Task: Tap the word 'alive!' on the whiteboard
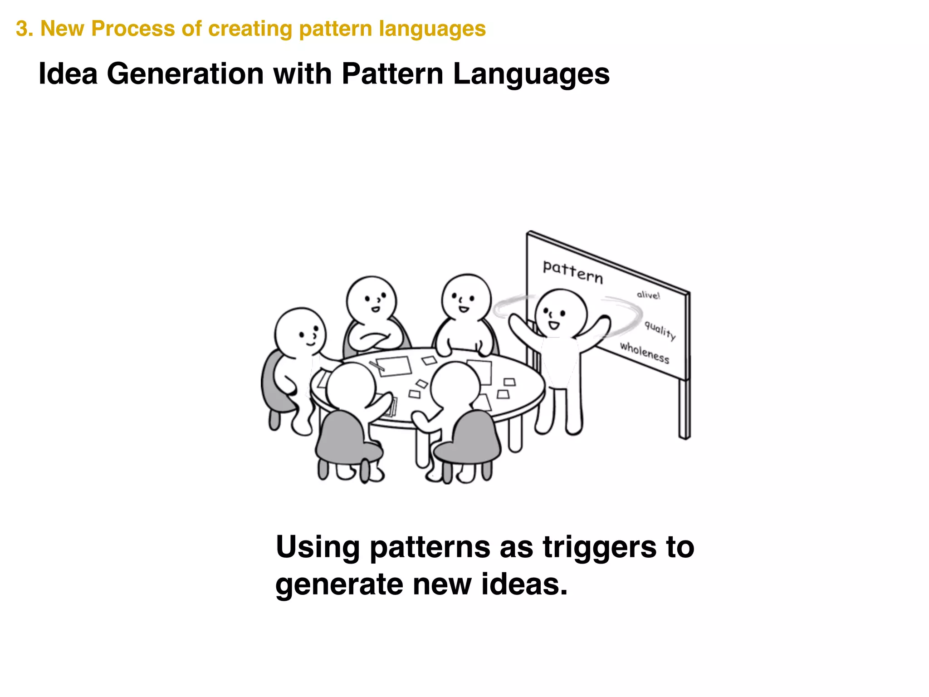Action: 648,295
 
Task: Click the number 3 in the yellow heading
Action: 21,29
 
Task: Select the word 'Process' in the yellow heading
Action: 133,29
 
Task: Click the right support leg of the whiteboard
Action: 684,408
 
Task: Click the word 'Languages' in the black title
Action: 531,74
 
